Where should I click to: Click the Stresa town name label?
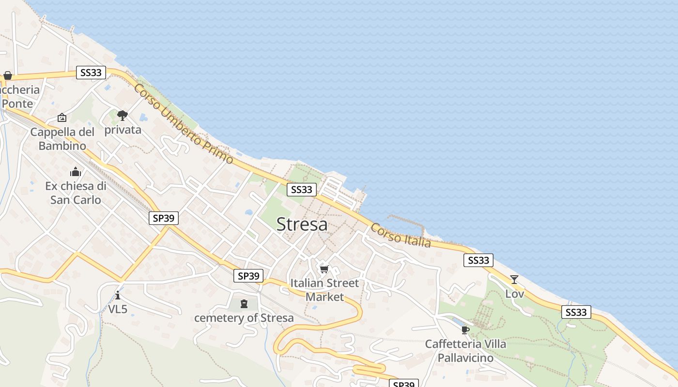click(302, 224)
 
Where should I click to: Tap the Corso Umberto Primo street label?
click(184, 124)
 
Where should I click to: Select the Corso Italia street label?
click(401, 235)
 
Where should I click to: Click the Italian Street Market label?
click(324, 290)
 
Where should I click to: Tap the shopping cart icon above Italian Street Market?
click(324, 269)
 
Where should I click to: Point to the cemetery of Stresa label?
click(244, 318)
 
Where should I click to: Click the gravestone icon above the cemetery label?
click(244, 304)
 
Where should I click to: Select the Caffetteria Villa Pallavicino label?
click(465, 351)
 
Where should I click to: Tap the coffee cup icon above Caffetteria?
click(465, 330)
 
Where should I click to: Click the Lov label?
click(514, 294)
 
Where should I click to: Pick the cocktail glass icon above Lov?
click(514, 280)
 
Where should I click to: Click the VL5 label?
click(118, 309)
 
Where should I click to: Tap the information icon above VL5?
click(118, 295)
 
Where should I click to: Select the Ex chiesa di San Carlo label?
click(76, 193)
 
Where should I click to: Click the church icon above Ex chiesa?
click(76, 172)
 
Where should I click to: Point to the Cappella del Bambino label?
click(62, 139)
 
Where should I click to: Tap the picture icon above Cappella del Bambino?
click(62, 118)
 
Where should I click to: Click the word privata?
click(123, 130)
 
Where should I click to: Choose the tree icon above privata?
click(123, 115)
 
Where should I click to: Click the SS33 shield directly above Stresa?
click(302, 190)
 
